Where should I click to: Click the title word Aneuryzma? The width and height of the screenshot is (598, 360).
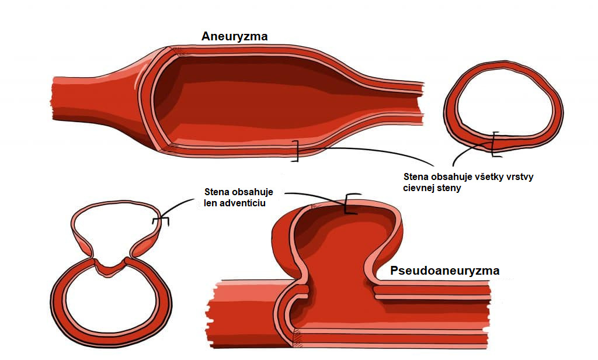(234, 36)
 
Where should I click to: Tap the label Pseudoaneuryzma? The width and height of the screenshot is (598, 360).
(444, 271)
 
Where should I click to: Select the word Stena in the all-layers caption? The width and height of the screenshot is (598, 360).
(416, 176)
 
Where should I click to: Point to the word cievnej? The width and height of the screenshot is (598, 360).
(418, 188)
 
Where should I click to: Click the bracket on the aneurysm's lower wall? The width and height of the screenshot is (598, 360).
(295, 151)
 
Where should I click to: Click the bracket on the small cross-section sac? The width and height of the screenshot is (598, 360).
(160, 220)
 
